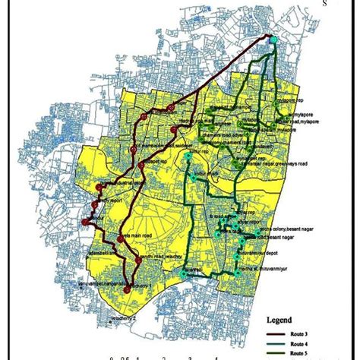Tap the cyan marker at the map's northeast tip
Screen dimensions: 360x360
[273, 39]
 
